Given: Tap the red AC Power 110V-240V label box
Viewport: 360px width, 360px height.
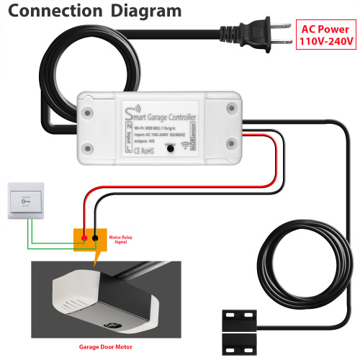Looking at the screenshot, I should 327,35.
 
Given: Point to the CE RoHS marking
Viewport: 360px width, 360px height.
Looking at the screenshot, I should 143,150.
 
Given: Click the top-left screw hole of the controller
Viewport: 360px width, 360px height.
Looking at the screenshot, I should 90,113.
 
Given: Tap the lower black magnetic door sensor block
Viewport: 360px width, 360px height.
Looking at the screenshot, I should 240,335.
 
